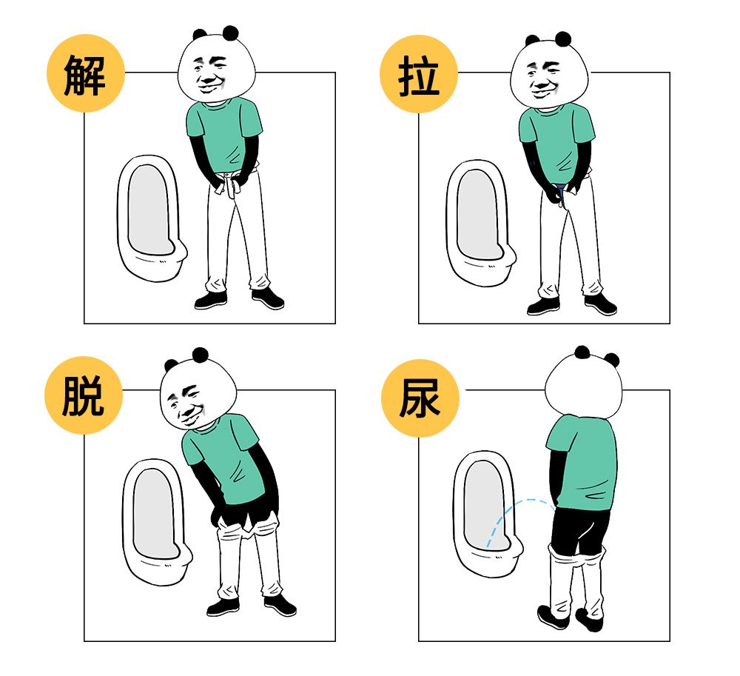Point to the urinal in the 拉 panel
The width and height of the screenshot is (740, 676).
(x=480, y=222)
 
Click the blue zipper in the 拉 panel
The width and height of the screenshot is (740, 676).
(x=564, y=194)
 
